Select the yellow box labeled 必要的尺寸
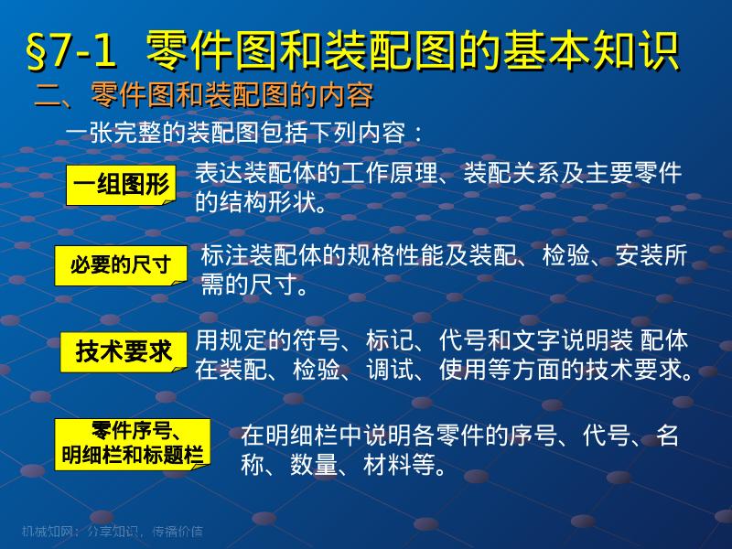(121, 265)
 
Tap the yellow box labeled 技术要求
(124, 351)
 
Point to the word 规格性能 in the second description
(413, 255)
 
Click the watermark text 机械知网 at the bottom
(42, 532)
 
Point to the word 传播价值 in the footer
(178, 532)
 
